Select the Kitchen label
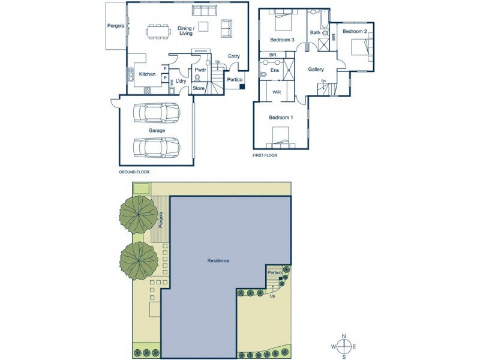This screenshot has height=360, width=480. [147, 74]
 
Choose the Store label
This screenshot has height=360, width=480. [199, 89]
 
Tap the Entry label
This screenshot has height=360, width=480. [233, 56]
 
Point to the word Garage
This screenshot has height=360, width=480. [157, 130]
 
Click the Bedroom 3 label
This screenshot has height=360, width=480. [281, 40]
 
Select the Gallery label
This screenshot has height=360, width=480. [316, 70]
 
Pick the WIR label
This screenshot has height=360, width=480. [277, 92]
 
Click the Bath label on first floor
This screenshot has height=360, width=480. [315, 32]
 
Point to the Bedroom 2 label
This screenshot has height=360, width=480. [355, 31]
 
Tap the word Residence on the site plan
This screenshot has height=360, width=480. [218, 261]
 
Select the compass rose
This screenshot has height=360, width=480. [344, 346]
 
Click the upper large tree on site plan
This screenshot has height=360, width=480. [139, 214]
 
